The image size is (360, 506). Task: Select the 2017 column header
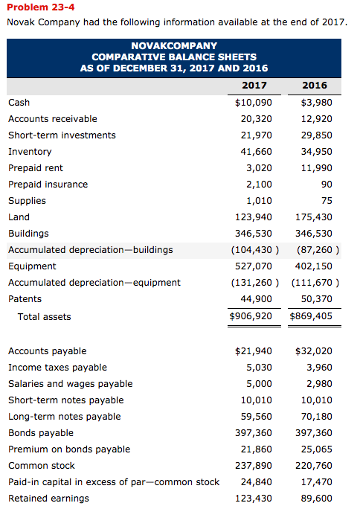point(254,85)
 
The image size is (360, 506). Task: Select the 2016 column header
point(314,85)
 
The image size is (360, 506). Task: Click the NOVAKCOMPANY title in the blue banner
point(174,46)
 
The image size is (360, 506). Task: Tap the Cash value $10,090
point(253,103)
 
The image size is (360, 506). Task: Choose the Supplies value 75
point(325,201)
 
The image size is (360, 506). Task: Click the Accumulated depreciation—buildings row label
point(90,250)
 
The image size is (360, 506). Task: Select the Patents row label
point(25,299)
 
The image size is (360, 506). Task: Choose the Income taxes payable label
point(57,368)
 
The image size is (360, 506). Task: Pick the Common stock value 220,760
point(313,466)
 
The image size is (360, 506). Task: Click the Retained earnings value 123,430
point(253,499)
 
